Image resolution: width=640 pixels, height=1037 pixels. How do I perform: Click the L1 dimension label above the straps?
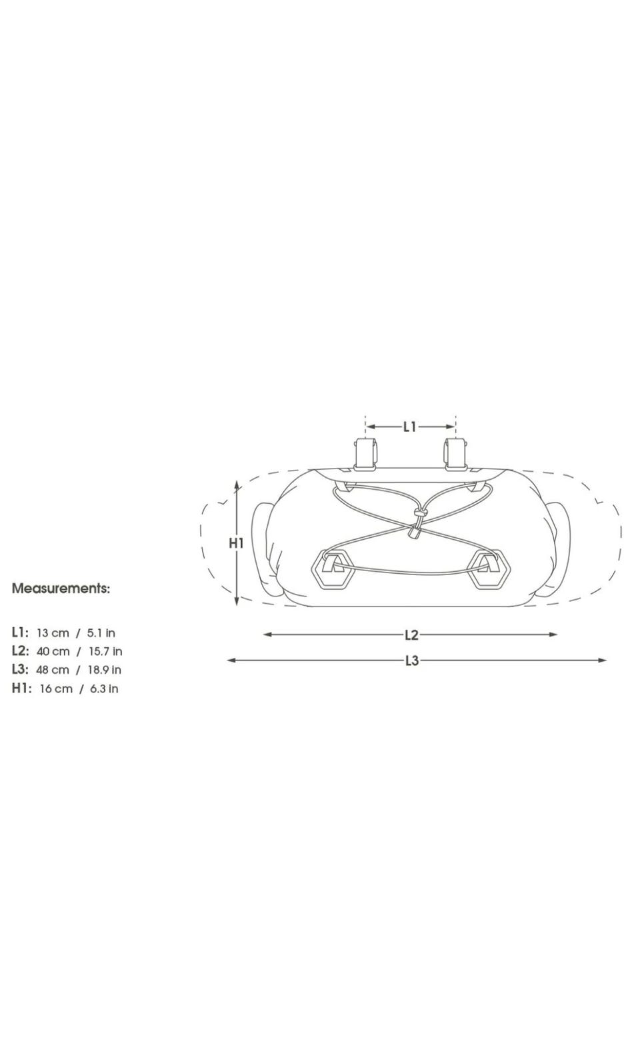click(x=410, y=427)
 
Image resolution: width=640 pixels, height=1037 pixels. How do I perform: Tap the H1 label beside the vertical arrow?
click(x=236, y=543)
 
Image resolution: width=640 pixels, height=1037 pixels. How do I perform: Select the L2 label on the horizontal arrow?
click(x=412, y=635)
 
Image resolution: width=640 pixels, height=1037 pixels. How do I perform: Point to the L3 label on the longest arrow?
click(x=412, y=660)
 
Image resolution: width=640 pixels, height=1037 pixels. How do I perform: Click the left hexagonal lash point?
click(x=333, y=570)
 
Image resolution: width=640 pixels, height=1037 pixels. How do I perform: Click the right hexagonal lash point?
click(x=489, y=570)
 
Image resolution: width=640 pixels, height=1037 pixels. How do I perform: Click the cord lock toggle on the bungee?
click(x=413, y=533)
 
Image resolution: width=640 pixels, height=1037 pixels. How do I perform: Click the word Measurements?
click(x=61, y=589)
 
